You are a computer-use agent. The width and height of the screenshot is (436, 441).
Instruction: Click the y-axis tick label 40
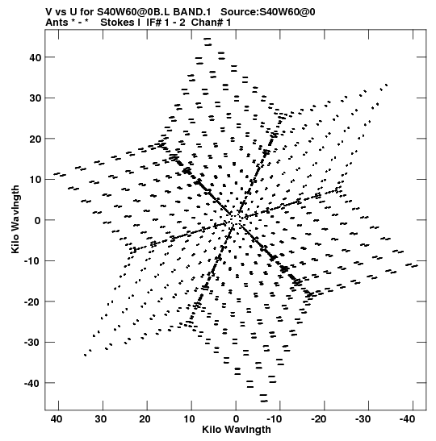coord(35,57)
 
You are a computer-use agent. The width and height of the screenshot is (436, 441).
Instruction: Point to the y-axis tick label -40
coord(32,383)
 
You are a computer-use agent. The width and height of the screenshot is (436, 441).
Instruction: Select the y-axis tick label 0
coord(38,220)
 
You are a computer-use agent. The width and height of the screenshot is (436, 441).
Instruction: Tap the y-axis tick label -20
coord(32,302)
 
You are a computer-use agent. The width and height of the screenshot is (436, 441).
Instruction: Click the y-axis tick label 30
coord(35,98)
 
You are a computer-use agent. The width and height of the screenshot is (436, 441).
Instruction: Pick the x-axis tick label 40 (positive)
coord(57,419)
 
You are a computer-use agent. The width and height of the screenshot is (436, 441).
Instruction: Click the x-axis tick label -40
coord(407,419)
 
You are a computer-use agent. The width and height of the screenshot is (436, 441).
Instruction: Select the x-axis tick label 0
coord(236,419)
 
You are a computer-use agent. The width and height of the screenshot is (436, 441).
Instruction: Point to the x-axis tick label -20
coord(319,419)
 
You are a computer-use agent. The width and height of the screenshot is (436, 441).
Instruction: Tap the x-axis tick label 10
coord(189,419)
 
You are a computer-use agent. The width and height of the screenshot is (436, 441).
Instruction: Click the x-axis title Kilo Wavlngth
coord(237,430)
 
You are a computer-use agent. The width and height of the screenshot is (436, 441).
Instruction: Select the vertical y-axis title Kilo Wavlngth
coord(15,219)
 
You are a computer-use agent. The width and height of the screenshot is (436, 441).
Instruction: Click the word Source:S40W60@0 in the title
coord(267,12)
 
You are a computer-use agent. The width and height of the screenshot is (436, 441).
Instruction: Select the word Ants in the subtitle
coord(57,23)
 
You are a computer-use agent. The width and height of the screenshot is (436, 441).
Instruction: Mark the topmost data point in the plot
coord(208,39)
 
